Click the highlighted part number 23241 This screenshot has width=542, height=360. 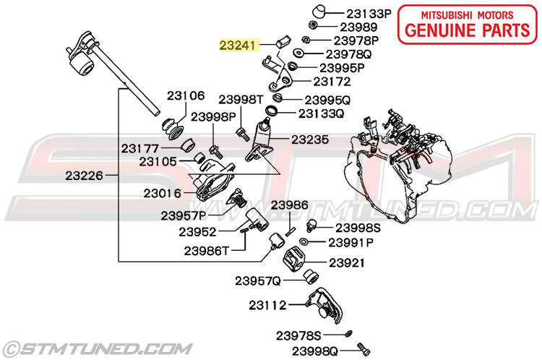238,45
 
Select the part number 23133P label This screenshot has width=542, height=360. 369,13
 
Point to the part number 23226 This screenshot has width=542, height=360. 84,175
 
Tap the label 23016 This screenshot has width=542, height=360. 163,193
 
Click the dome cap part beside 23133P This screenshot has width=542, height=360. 319,12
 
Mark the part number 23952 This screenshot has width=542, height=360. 198,232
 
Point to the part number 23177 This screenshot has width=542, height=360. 139,147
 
